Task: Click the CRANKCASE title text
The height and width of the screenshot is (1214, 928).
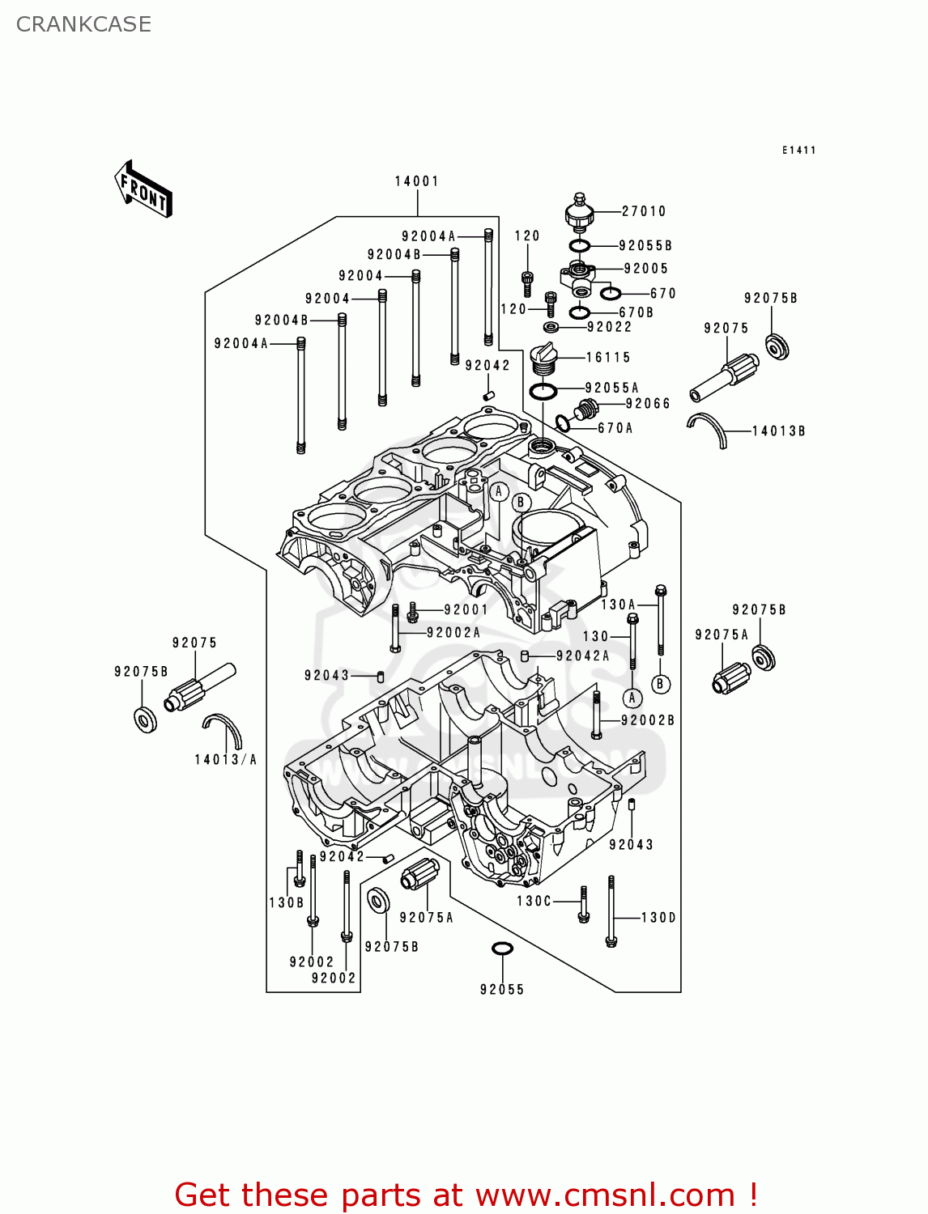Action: (x=83, y=24)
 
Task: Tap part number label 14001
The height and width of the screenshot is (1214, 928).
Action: (x=417, y=181)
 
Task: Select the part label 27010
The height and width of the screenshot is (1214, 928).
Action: (x=644, y=211)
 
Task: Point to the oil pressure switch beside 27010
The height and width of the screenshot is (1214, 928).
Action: (x=579, y=214)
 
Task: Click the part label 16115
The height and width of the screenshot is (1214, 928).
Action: (x=608, y=358)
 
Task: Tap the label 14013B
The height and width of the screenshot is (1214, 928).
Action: (x=778, y=431)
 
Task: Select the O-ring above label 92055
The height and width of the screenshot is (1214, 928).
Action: (x=502, y=949)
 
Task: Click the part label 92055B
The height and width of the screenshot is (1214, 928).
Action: (x=645, y=246)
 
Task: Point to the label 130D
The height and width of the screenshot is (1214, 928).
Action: (x=658, y=918)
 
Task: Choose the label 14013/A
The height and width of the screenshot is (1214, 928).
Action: (x=225, y=760)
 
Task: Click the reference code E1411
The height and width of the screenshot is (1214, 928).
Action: (x=798, y=151)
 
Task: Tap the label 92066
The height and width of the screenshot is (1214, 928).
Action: (x=648, y=404)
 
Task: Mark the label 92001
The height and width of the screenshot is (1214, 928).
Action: (x=466, y=610)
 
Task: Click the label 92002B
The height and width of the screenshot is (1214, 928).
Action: (x=648, y=720)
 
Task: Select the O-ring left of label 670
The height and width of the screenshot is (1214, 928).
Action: (x=611, y=293)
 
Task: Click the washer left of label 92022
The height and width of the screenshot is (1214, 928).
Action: (x=551, y=327)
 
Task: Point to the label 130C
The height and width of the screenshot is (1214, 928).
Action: (x=534, y=901)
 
